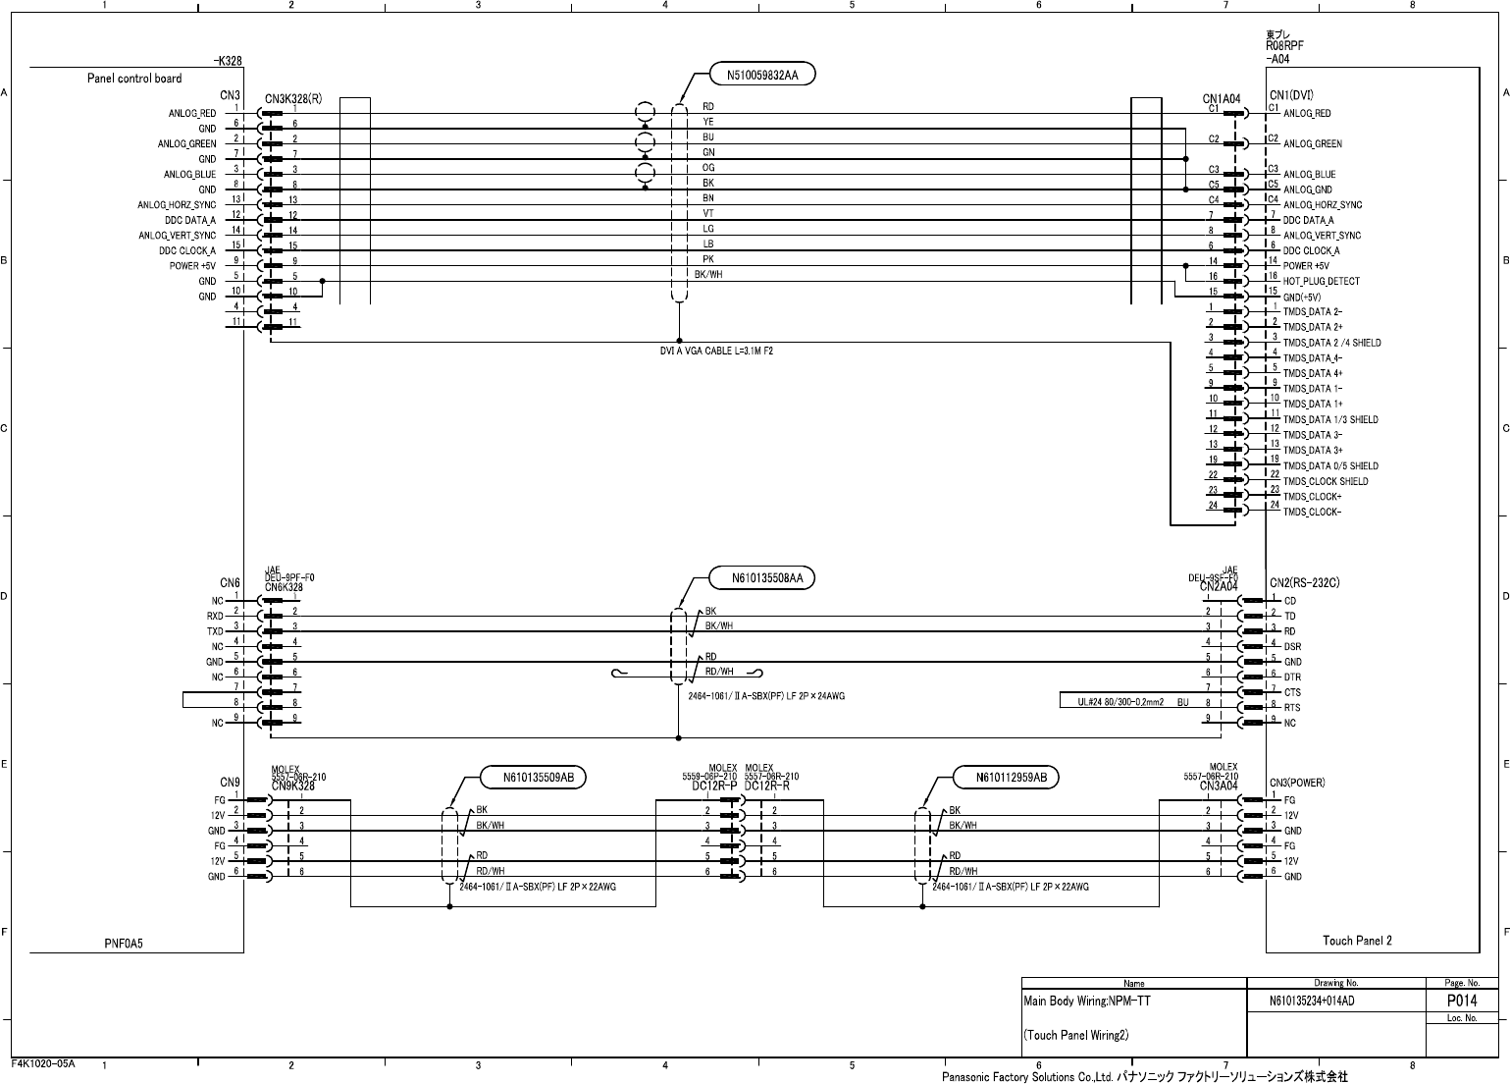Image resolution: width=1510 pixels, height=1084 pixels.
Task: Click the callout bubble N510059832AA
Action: tap(762, 74)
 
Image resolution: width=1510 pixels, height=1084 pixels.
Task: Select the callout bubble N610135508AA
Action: tap(767, 578)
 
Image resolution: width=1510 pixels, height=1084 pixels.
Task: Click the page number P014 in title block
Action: tap(1462, 1001)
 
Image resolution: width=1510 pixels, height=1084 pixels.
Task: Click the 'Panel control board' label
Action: tap(134, 79)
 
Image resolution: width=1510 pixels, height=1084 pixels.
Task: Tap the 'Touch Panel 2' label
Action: tap(1357, 941)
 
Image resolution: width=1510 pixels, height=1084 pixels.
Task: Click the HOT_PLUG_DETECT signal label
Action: tap(1321, 282)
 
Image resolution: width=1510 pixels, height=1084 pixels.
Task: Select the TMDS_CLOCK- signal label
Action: tap(1312, 512)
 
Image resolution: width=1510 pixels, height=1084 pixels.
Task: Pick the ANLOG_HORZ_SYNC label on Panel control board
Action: tap(177, 205)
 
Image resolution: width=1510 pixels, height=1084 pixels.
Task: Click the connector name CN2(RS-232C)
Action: tap(1304, 583)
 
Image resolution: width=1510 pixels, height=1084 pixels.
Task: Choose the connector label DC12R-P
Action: tap(713, 786)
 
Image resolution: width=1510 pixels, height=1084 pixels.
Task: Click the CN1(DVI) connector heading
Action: tap(1291, 95)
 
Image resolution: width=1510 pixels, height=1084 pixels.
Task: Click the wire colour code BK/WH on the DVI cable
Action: tap(708, 275)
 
